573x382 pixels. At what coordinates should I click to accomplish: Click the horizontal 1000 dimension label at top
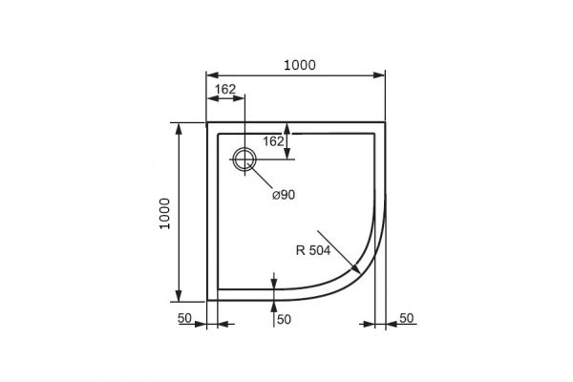click(x=300, y=65)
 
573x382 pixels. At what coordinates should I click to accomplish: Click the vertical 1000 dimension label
click(x=165, y=214)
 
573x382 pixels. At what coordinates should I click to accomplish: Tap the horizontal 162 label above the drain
click(x=225, y=89)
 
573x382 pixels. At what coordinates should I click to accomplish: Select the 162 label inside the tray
click(x=274, y=141)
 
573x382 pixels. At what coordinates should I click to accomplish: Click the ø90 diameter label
click(x=284, y=195)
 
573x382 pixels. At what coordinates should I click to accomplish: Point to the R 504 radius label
click(x=313, y=250)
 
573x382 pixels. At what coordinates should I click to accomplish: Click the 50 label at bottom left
click(x=184, y=318)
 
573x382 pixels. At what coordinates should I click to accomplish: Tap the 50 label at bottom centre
click(x=284, y=320)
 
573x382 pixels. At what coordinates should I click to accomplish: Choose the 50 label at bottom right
click(x=407, y=318)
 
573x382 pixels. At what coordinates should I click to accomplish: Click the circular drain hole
click(x=244, y=159)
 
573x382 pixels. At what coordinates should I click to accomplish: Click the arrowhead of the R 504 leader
click(x=355, y=268)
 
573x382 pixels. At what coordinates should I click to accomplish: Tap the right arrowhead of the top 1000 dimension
click(x=379, y=74)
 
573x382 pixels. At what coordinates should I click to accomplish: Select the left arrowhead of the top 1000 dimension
click(x=212, y=74)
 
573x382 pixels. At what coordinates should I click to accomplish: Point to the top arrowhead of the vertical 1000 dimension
click(x=179, y=130)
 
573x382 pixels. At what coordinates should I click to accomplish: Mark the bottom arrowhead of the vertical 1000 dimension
click(x=179, y=295)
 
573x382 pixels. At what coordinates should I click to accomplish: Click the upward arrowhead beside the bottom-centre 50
click(x=274, y=308)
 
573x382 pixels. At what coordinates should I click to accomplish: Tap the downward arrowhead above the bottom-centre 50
click(x=274, y=283)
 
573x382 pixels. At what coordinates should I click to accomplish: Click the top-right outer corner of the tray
click(x=386, y=122)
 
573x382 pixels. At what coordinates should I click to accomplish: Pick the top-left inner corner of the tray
click(x=218, y=134)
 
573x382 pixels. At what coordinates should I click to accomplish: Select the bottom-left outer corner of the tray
click(x=207, y=301)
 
